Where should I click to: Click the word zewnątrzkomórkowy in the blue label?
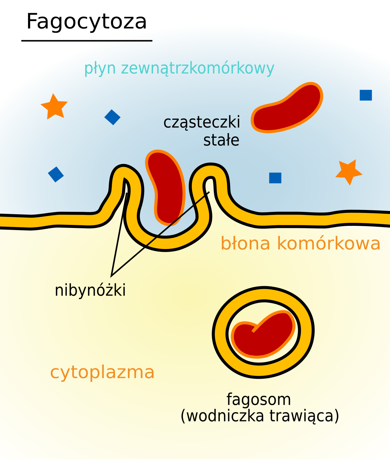[x=197, y=68]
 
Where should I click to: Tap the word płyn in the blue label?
[x=100, y=69]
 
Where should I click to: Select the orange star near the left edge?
[x=54, y=107]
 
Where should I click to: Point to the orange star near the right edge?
[x=349, y=172]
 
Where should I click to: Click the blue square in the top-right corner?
[x=366, y=95]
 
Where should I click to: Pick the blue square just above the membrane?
[x=275, y=178]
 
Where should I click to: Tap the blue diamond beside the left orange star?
[x=112, y=117]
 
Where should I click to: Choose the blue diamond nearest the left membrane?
[x=56, y=174]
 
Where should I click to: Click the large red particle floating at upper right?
[x=287, y=108]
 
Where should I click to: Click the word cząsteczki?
[x=201, y=122]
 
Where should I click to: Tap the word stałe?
[x=221, y=140]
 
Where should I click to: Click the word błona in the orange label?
[x=246, y=244]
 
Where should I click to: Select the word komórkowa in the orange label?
[x=329, y=244]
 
